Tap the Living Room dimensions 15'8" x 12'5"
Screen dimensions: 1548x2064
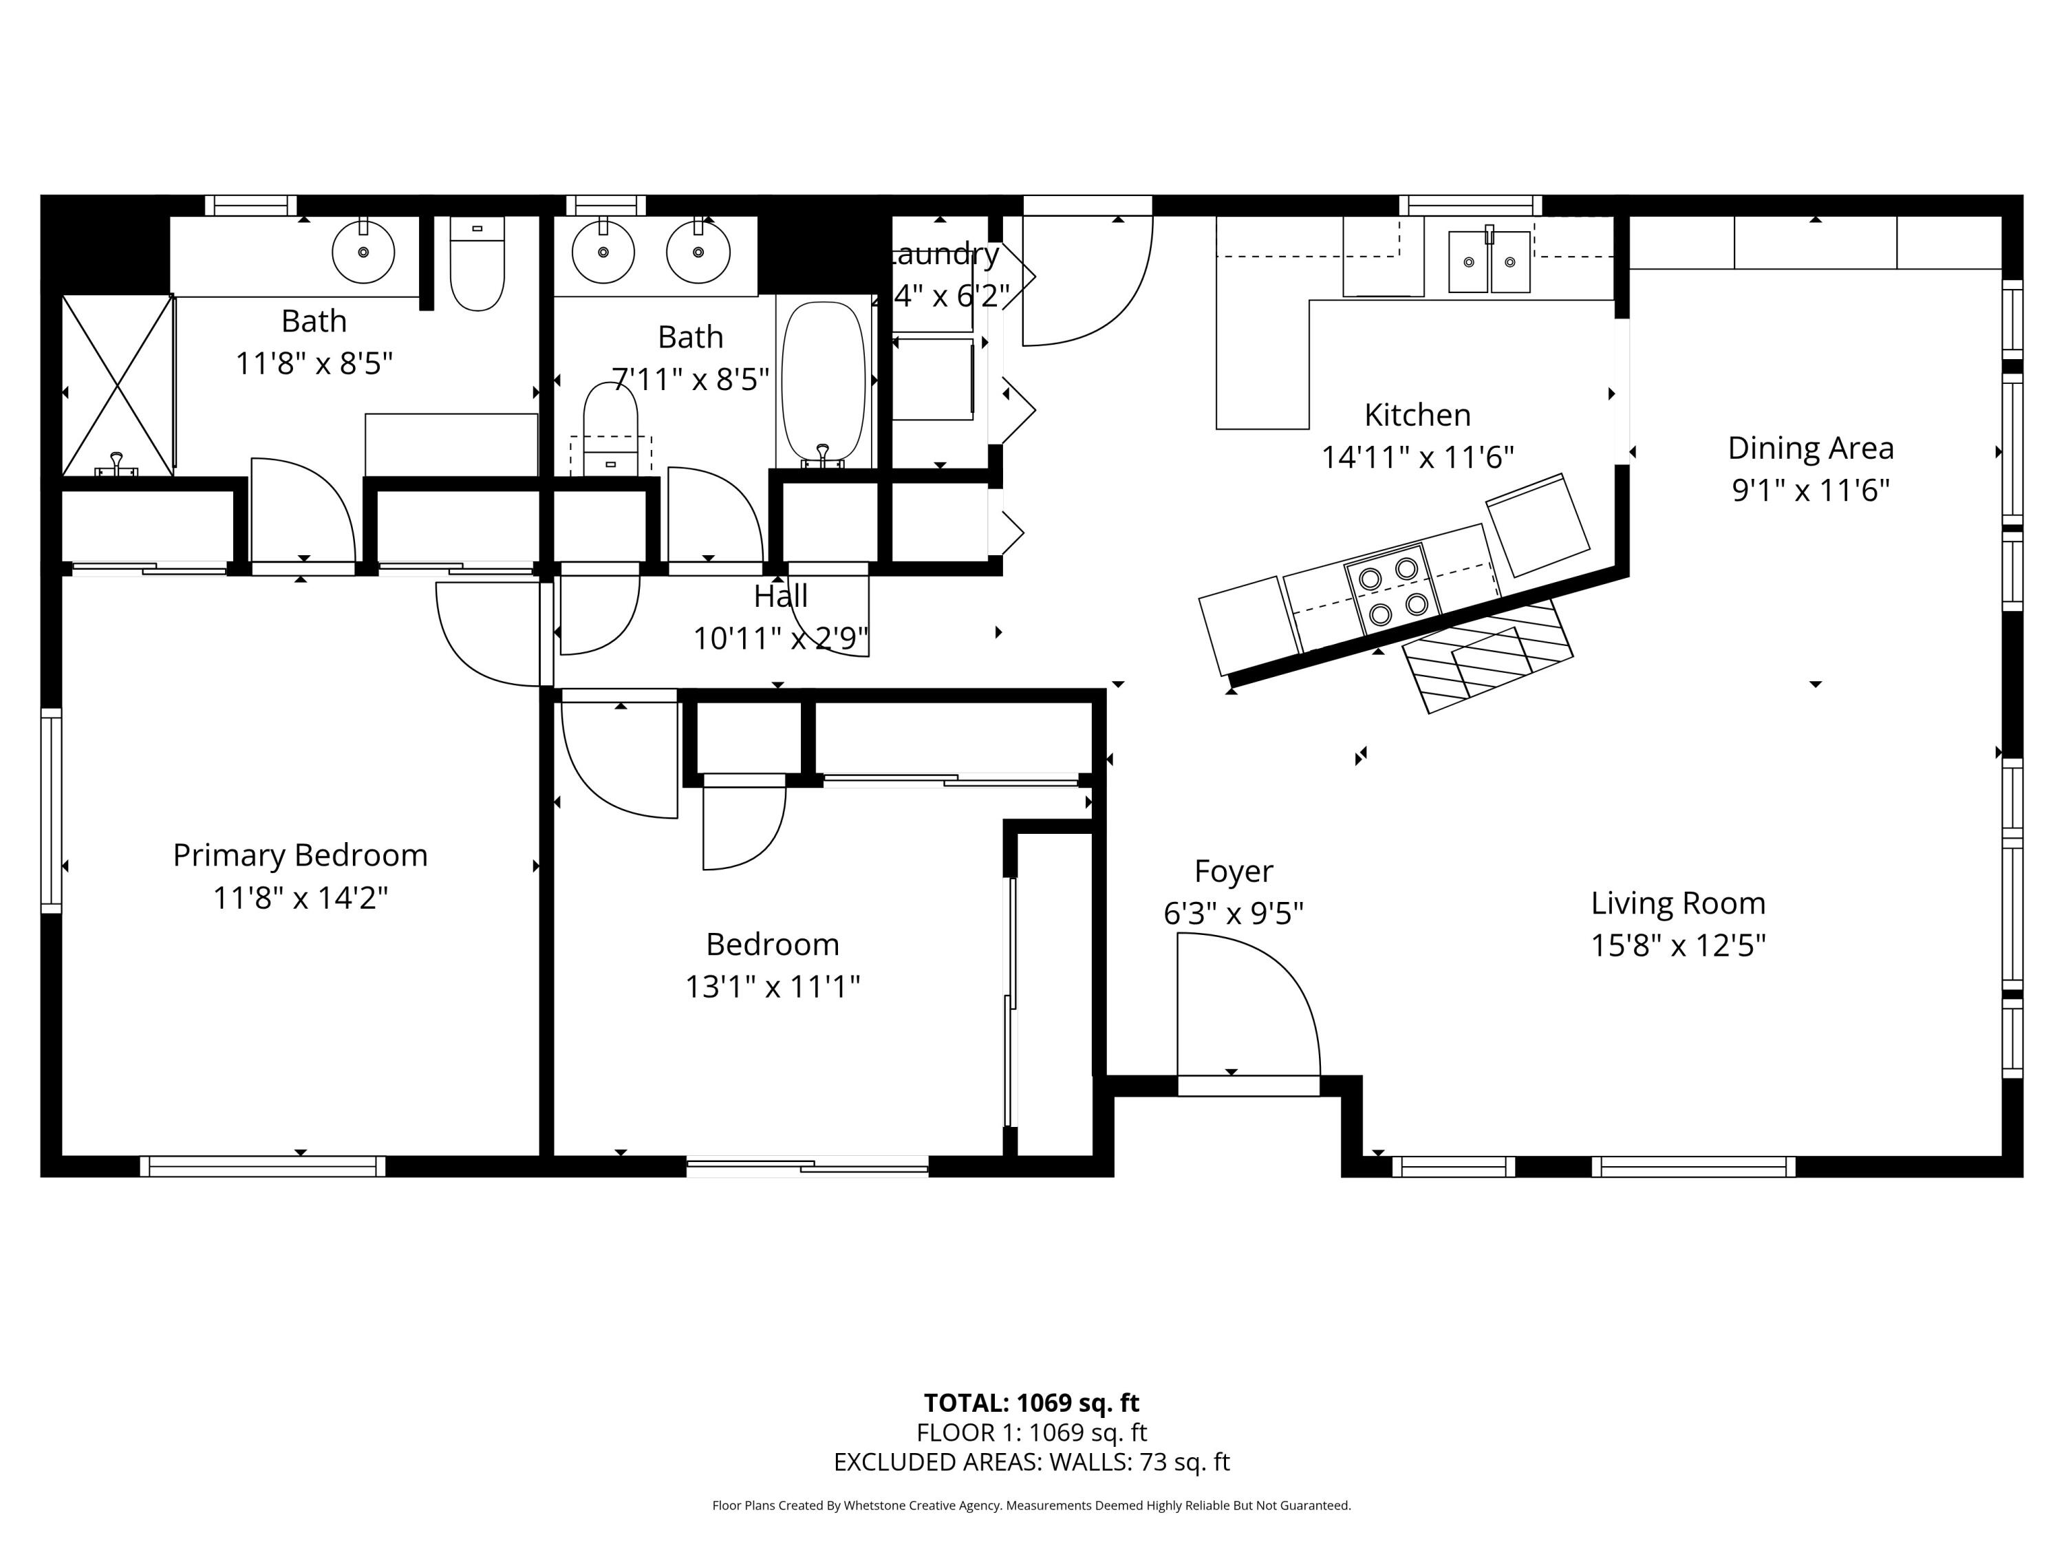point(1678,945)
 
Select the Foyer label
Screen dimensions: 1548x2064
point(1233,870)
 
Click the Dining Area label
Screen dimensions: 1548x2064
point(1810,448)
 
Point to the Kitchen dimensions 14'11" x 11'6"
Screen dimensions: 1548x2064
point(1417,458)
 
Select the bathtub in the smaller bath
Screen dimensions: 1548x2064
point(823,383)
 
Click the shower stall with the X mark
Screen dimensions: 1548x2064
point(117,385)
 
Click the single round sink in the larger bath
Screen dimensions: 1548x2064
point(363,251)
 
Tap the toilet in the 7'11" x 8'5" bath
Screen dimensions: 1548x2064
point(610,429)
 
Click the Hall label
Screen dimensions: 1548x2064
point(780,595)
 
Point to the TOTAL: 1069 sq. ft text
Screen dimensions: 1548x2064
point(1031,1402)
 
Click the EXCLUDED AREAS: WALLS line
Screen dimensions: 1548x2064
point(1031,1462)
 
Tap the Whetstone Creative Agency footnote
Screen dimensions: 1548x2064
point(1031,1505)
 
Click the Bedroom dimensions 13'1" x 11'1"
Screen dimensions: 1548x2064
point(772,987)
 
